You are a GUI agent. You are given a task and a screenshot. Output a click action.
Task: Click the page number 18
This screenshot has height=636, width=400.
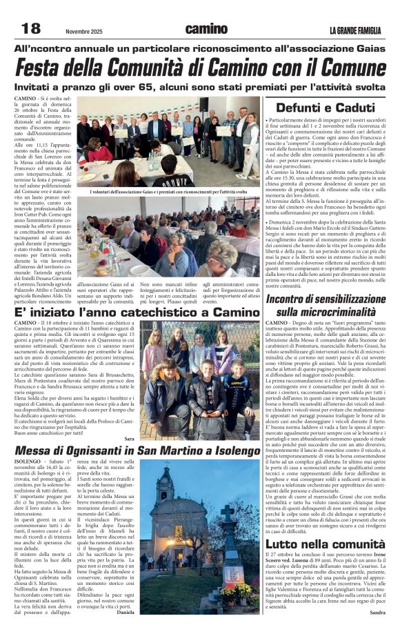click(31, 28)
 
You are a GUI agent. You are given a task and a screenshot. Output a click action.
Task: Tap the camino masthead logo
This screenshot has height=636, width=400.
click(206, 29)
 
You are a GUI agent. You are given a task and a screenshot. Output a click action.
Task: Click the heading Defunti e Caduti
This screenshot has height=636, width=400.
click(325, 108)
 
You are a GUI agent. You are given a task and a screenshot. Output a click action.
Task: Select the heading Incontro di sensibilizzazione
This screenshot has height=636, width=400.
click(325, 298)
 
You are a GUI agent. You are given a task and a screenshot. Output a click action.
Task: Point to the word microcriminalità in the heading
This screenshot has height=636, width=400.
click(325, 312)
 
